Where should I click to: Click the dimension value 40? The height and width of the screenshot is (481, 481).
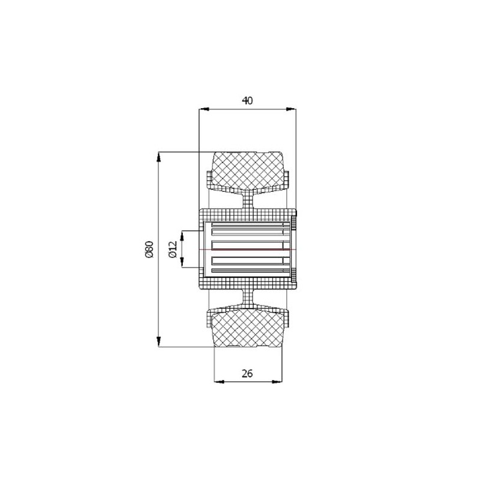tap(247, 100)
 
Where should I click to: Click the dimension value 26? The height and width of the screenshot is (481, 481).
tap(247, 373)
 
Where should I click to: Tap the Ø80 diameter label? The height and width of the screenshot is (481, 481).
tap(149, 250)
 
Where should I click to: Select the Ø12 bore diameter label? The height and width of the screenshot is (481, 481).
tap(173, 249)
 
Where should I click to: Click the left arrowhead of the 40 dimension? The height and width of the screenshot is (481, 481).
tap(204, 109)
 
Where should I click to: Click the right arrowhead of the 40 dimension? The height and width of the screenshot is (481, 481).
tap(291, 109)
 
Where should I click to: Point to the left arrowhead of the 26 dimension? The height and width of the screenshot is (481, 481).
tap(219, 382)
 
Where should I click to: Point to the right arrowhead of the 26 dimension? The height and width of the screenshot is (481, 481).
tap(277, 382)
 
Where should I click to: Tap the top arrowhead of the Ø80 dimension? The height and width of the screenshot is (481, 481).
tap(159, 157)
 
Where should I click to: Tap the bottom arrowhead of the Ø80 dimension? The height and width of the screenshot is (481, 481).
tap(159, 342)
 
